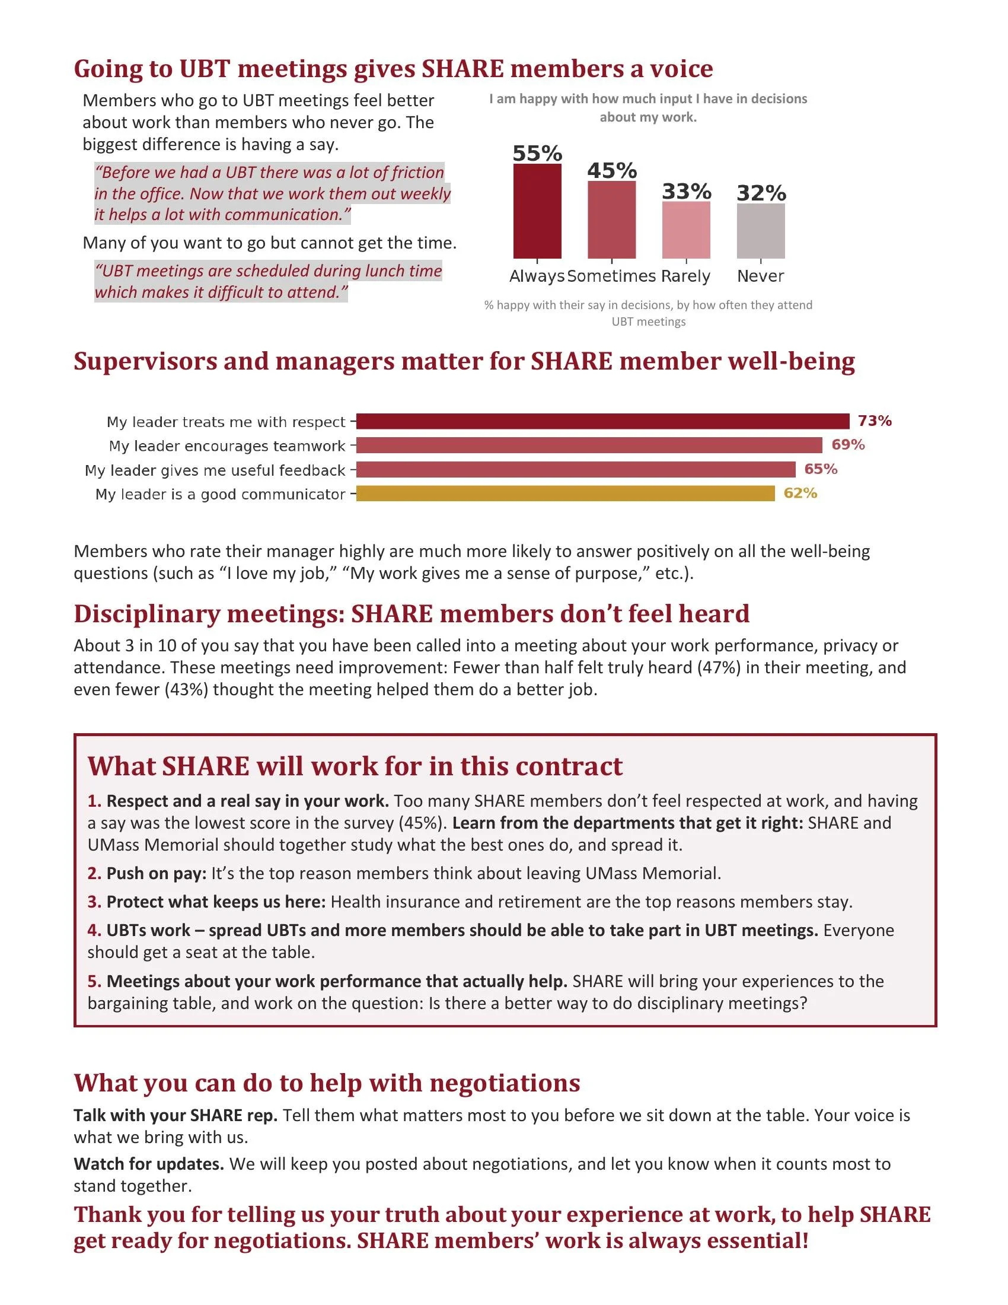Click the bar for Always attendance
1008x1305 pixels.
pyautogui.click(x=537, y=211)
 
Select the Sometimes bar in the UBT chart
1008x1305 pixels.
pyautogui.click(x=611, y=220)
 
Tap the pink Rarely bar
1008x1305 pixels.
pyautogui.click(x=686, y=230)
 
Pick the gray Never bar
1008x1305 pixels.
pyautogui.click(x=761, y=231)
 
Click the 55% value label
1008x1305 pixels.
pyautogui.click(x=537, y=153)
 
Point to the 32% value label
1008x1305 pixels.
pyautogui.click(x=761, y=193)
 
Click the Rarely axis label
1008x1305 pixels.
pyautogui.click(x=685, y=276)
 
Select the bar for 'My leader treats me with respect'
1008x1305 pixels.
pyautogui.click(x=602, y=421)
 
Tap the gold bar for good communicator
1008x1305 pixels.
pyautogui.click(x=566, y=494)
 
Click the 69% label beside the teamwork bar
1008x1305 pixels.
pyautogui.click(x=848, y=444)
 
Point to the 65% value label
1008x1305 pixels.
pyautogui.click(x=821, y=469)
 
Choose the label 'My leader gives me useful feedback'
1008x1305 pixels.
pyautogui.click(x=215, y=470)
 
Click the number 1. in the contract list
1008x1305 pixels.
pyautogui.click(x=94, y=801)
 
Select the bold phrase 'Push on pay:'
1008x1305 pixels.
pyautogui.click(x=157, y=874)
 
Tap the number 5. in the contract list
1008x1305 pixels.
pyautogui.click(x=94, y=981)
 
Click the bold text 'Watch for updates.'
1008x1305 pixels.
pyautogui.click(x=149, y=1164)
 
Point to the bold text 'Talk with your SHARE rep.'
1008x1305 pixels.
pyautogui.click(x=176, y=1116)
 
